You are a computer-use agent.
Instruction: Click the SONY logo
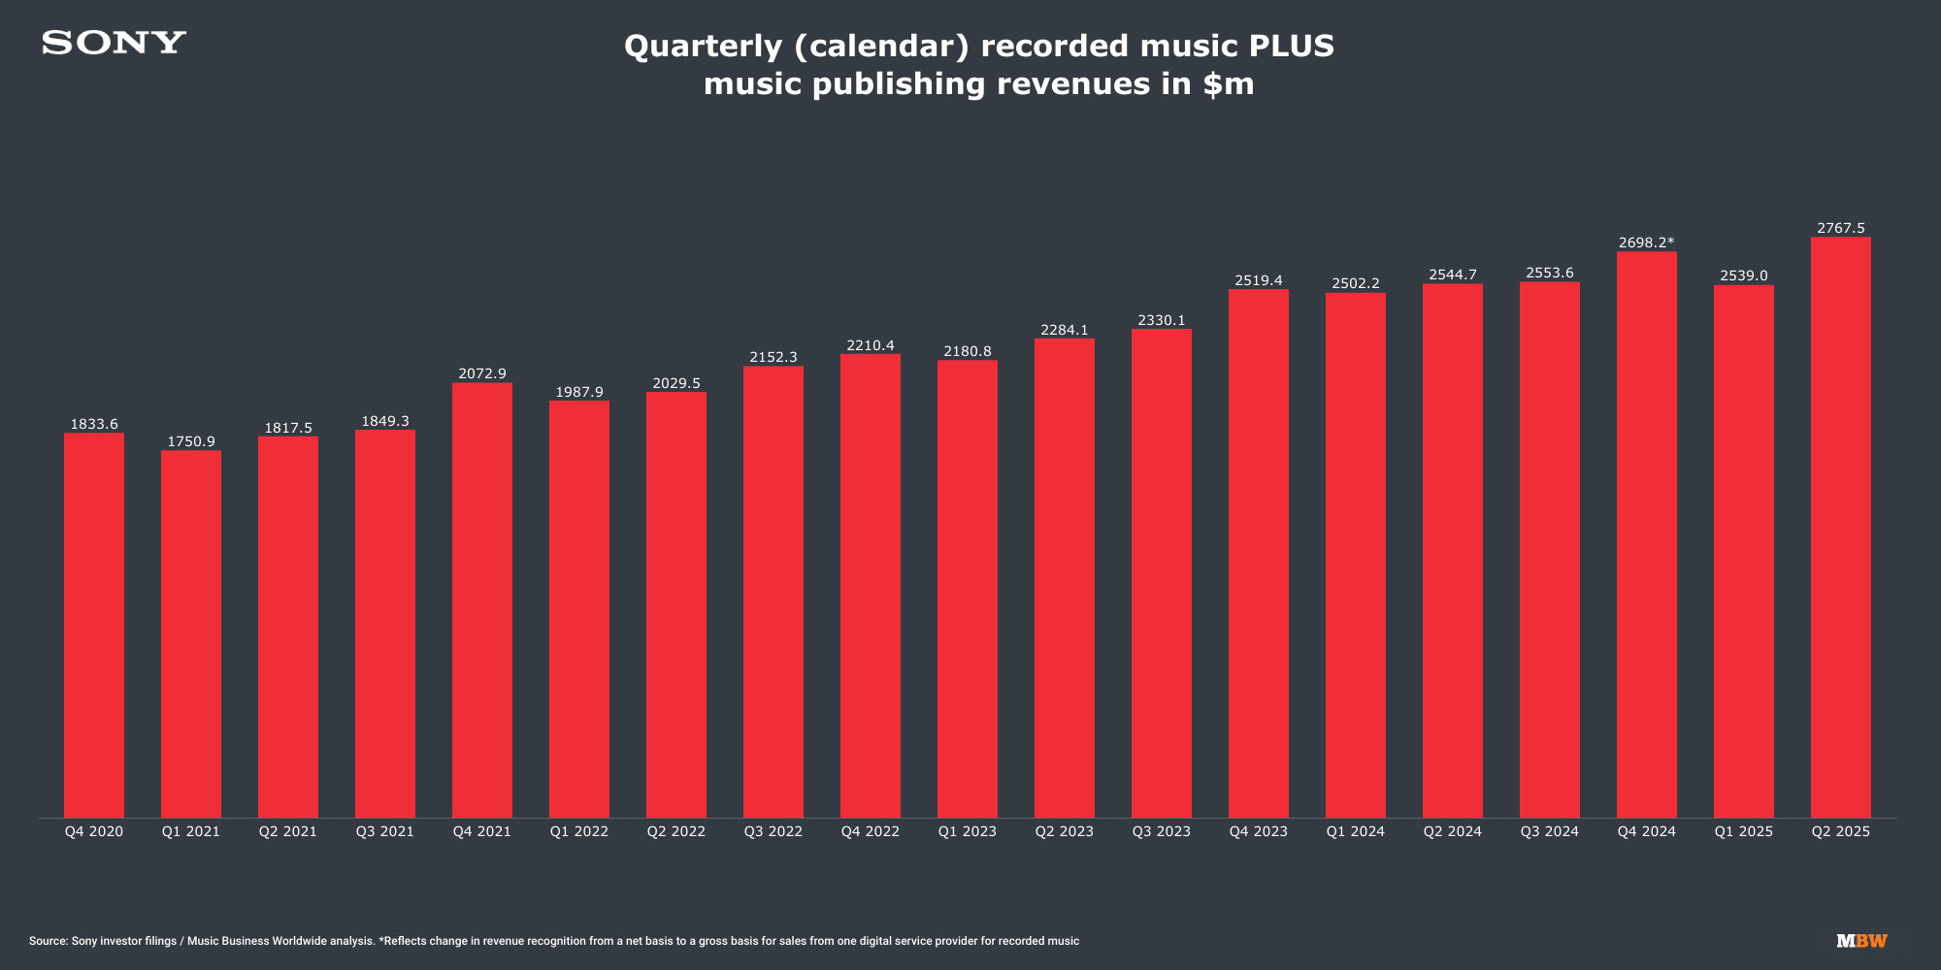pyautogui.click(x=114, y=43)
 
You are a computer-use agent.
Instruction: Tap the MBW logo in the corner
pyautogui.click(x=1861, y=941)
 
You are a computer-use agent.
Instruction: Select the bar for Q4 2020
pyautogui.click(x=94, y=626)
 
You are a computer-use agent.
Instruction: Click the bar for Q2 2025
pyautogui.click(x=1841, y=528)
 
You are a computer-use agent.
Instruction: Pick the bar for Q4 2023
pyautogui.click(x=1259, y=554)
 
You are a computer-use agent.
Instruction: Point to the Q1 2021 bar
pyautogui.click(x=191, y=634)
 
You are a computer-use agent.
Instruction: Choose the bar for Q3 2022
pyautogui.click(x=773, y=592)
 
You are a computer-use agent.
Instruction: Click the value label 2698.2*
pyautogui.click(x=1647, y=242)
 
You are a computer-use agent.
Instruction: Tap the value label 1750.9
pyautogui.click(x=191, y=441)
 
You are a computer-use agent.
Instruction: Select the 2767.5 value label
pyautogui.click(x=1841, y=228)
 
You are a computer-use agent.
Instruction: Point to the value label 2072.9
pyautogui.click(x=482, y=373)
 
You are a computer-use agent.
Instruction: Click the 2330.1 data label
pyautogui.click(x=1162, y=320)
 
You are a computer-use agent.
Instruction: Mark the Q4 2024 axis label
pyautogui.click(x=1647, y=831)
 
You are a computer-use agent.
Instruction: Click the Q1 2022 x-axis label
pyautogui.click(x=579, y=831)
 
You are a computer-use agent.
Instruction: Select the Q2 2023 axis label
pyautogui.click(x=1065, y=831)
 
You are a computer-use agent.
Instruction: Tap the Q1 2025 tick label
pyautogui.click(x=1744, y=831)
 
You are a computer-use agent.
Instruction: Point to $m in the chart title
pyautogui.click(x=1228, y=84)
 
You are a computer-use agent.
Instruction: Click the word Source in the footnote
pyautogui.click(x=48, y=941)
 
